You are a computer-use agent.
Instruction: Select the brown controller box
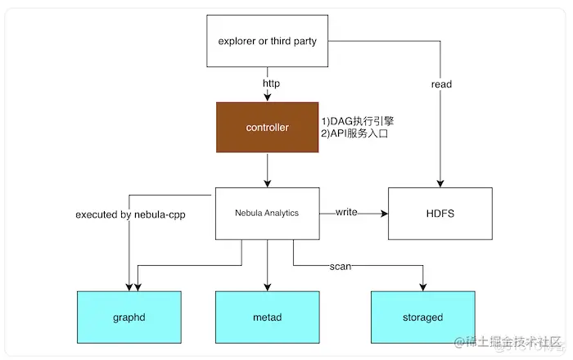click(268, 128)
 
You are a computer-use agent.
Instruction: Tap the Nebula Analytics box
click(268, 213)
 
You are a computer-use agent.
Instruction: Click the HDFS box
click(440, 213)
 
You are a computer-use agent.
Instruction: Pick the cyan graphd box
click(129, 317)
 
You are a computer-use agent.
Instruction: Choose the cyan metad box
click(268, 317)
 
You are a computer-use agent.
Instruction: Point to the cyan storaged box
click(422, 317)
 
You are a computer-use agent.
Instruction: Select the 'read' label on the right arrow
click(440, 84)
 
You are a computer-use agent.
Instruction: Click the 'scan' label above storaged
click(341, 266)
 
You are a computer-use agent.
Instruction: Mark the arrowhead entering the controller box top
click(268, 99)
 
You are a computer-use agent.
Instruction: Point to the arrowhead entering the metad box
click(268, 287)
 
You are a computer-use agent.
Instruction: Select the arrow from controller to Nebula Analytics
click(268, 170)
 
